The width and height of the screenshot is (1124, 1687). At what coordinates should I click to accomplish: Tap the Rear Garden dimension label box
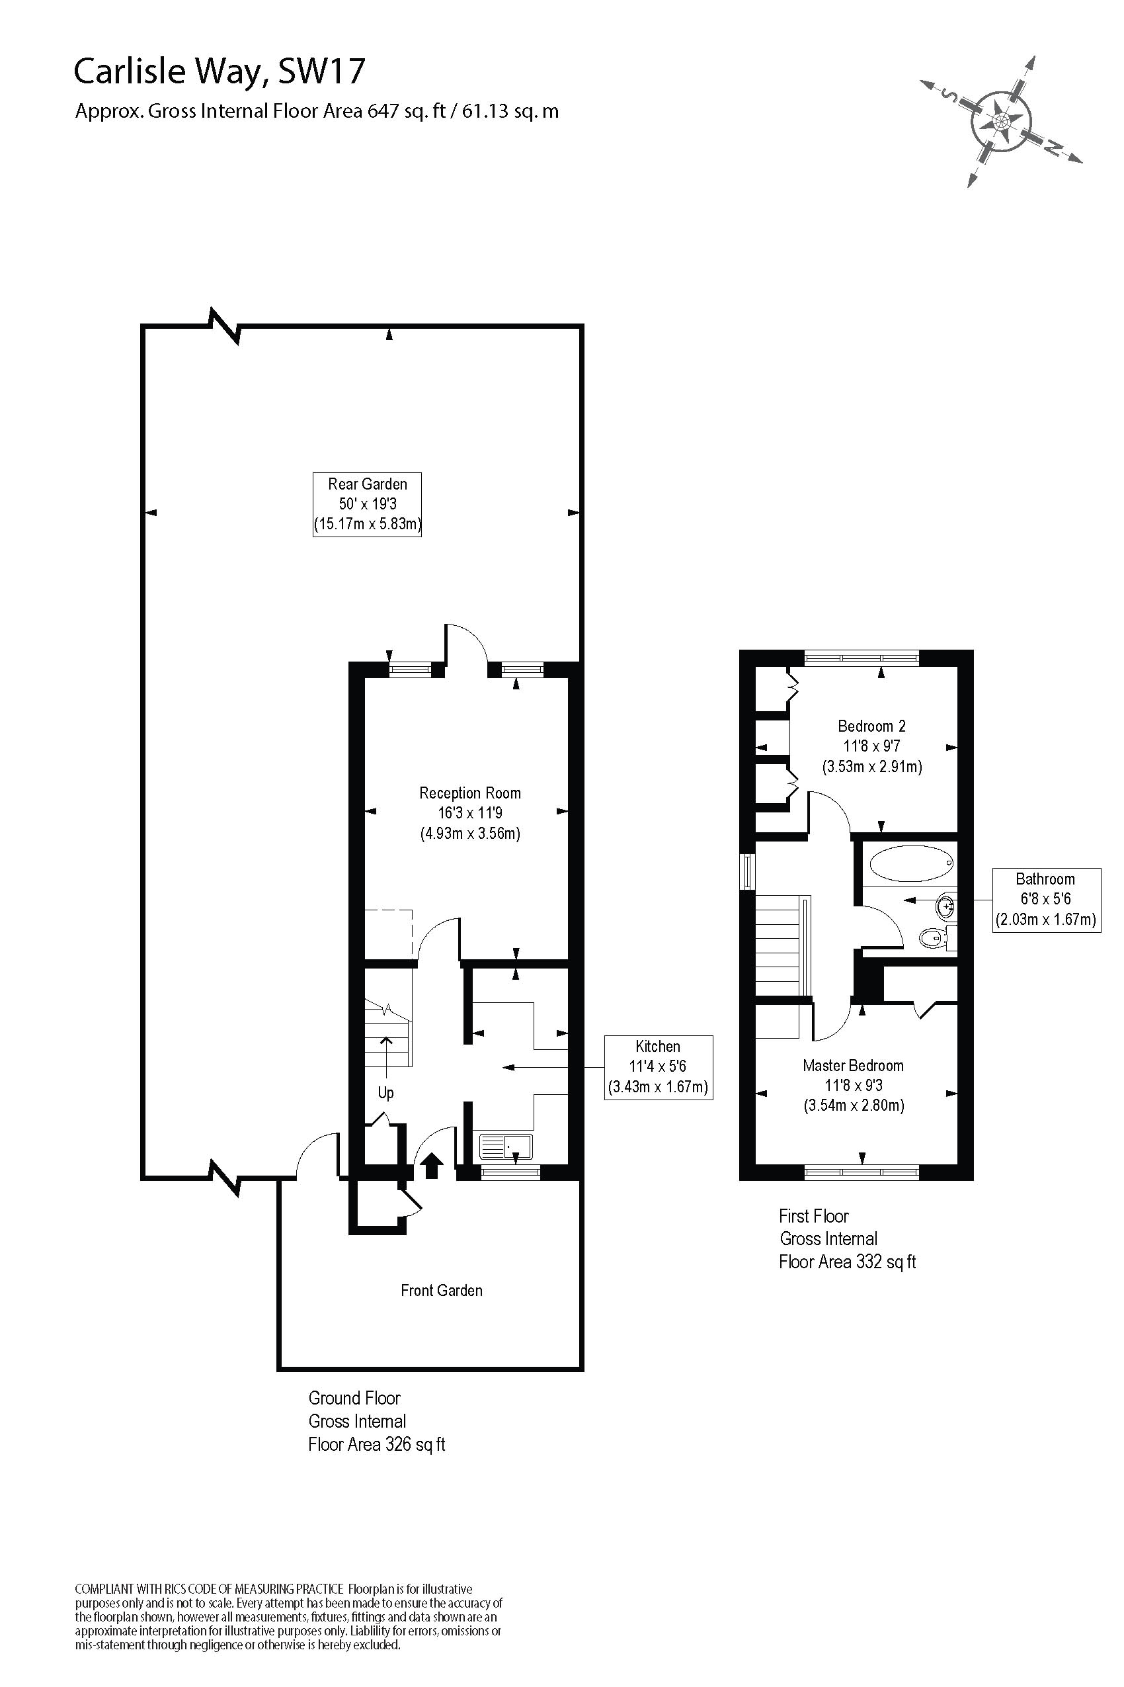(367, 504)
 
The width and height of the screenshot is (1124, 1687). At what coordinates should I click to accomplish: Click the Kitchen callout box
(658, 1066)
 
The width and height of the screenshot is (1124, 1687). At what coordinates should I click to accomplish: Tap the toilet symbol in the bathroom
(932, 937)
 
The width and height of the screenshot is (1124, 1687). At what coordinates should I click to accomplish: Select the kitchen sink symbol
(505, 1146)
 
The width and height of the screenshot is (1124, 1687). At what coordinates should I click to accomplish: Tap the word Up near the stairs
(385, 1093)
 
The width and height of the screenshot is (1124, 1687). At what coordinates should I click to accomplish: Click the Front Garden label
(442, 1290)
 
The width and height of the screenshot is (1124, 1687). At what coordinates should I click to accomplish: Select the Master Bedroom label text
(853, 1065)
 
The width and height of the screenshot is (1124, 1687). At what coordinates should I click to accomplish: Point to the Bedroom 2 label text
(871, 726)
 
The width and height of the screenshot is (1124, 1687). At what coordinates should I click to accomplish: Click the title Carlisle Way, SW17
(220, 71)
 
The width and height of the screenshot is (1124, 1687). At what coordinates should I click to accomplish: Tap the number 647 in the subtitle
(382, 111)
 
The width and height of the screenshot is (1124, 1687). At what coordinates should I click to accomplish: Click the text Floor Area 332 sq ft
(848, 1262)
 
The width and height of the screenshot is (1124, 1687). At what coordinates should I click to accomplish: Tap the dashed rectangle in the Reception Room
(389, 934)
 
